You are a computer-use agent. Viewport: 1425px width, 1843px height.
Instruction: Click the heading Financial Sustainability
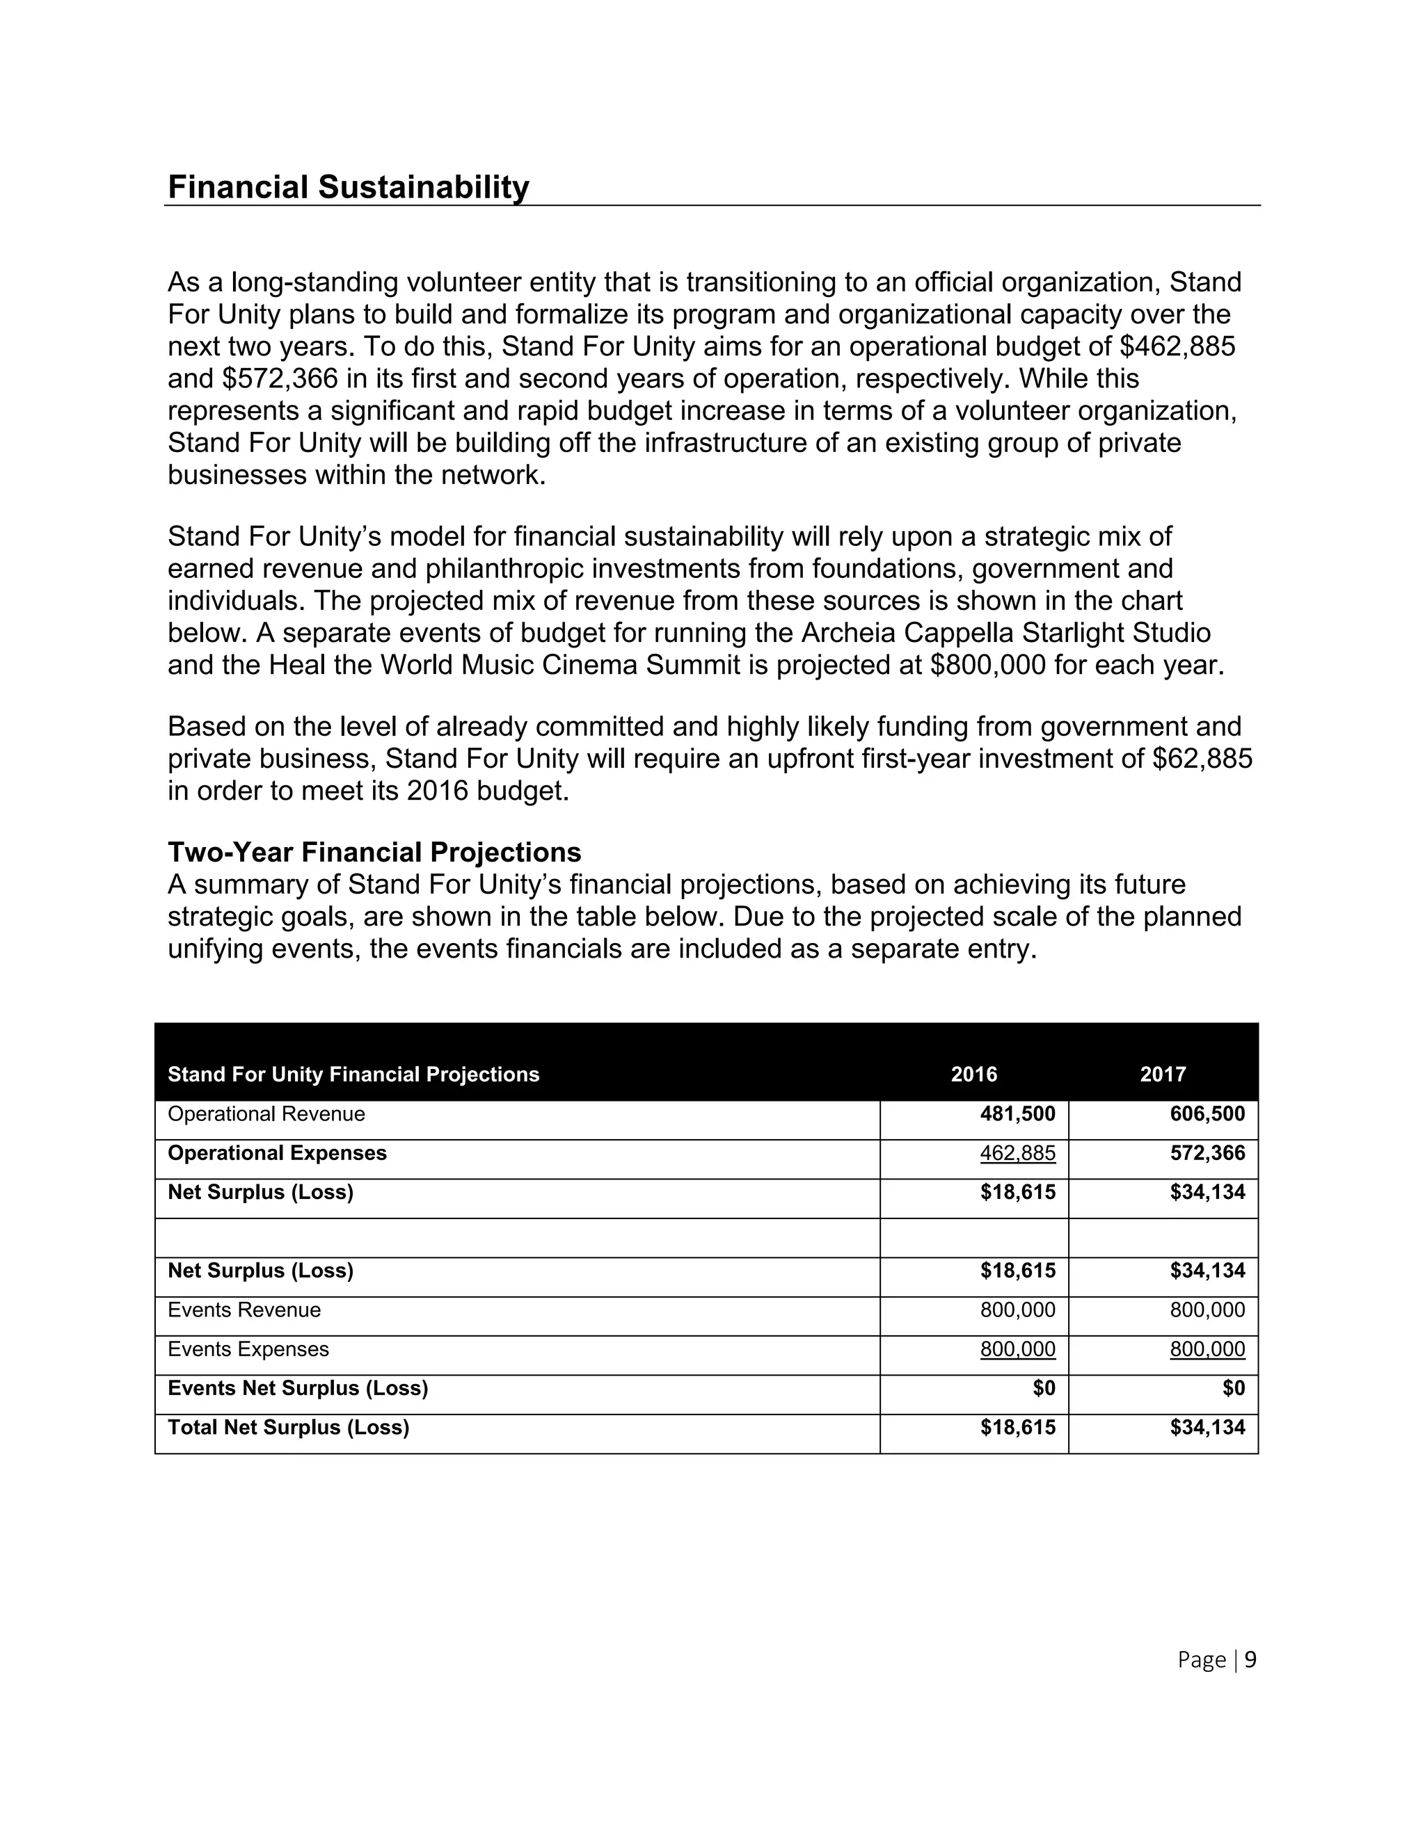(348, 187)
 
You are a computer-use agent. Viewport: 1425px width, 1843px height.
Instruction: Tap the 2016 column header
(973, 1075)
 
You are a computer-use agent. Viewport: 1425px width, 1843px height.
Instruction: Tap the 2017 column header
(1163, 1075)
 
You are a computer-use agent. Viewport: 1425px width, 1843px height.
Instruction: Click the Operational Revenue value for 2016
(1017, 1114)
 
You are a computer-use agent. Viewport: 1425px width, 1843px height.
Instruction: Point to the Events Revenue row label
(244, 1310)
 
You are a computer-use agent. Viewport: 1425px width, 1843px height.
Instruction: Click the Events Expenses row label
(248, 1349)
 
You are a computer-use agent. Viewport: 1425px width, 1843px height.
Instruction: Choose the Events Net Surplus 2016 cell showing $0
(1044, 1388)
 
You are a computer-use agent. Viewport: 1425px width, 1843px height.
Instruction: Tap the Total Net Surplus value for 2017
(1207, 1427)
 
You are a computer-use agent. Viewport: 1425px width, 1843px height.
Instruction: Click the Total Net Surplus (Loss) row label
(288, 1427)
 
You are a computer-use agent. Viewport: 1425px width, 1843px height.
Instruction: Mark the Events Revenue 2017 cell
(1207, 1310)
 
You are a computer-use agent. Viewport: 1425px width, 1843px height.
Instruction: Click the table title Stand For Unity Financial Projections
(353, 1075)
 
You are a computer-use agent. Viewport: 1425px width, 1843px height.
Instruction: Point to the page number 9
(1250, 1660)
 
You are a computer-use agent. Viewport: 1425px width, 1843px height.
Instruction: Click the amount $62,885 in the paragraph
(1202, 759)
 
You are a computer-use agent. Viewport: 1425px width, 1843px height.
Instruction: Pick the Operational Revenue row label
(266, 1114)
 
